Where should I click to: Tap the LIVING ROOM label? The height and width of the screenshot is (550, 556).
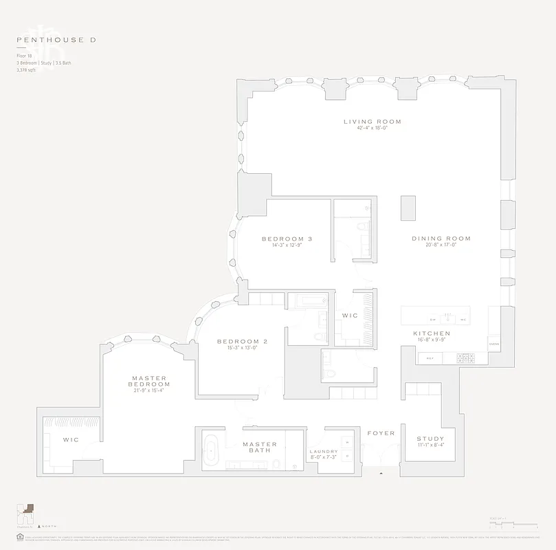(372, 122)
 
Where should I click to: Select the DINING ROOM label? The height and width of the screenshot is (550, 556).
(441, 239)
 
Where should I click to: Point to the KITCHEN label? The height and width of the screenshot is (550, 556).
(431, 333)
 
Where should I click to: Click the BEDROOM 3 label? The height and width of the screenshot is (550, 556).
(287, 239)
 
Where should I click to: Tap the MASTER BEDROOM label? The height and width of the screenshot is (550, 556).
(151, 381)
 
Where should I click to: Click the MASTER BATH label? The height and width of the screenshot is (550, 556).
(259, 448)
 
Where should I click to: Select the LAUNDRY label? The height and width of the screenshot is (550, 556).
(324, 452)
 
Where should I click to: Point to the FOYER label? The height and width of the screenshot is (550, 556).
(380, 433)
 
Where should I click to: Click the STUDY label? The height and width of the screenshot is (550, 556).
(430, 439)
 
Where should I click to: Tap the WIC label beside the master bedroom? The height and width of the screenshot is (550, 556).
(71, 439)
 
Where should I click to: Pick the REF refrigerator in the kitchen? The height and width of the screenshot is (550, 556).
(430, 358)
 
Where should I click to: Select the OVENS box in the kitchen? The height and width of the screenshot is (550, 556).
(493, 343)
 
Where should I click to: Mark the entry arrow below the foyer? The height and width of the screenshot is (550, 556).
(380, 473)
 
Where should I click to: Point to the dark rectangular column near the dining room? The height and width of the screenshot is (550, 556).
(408, 207)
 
